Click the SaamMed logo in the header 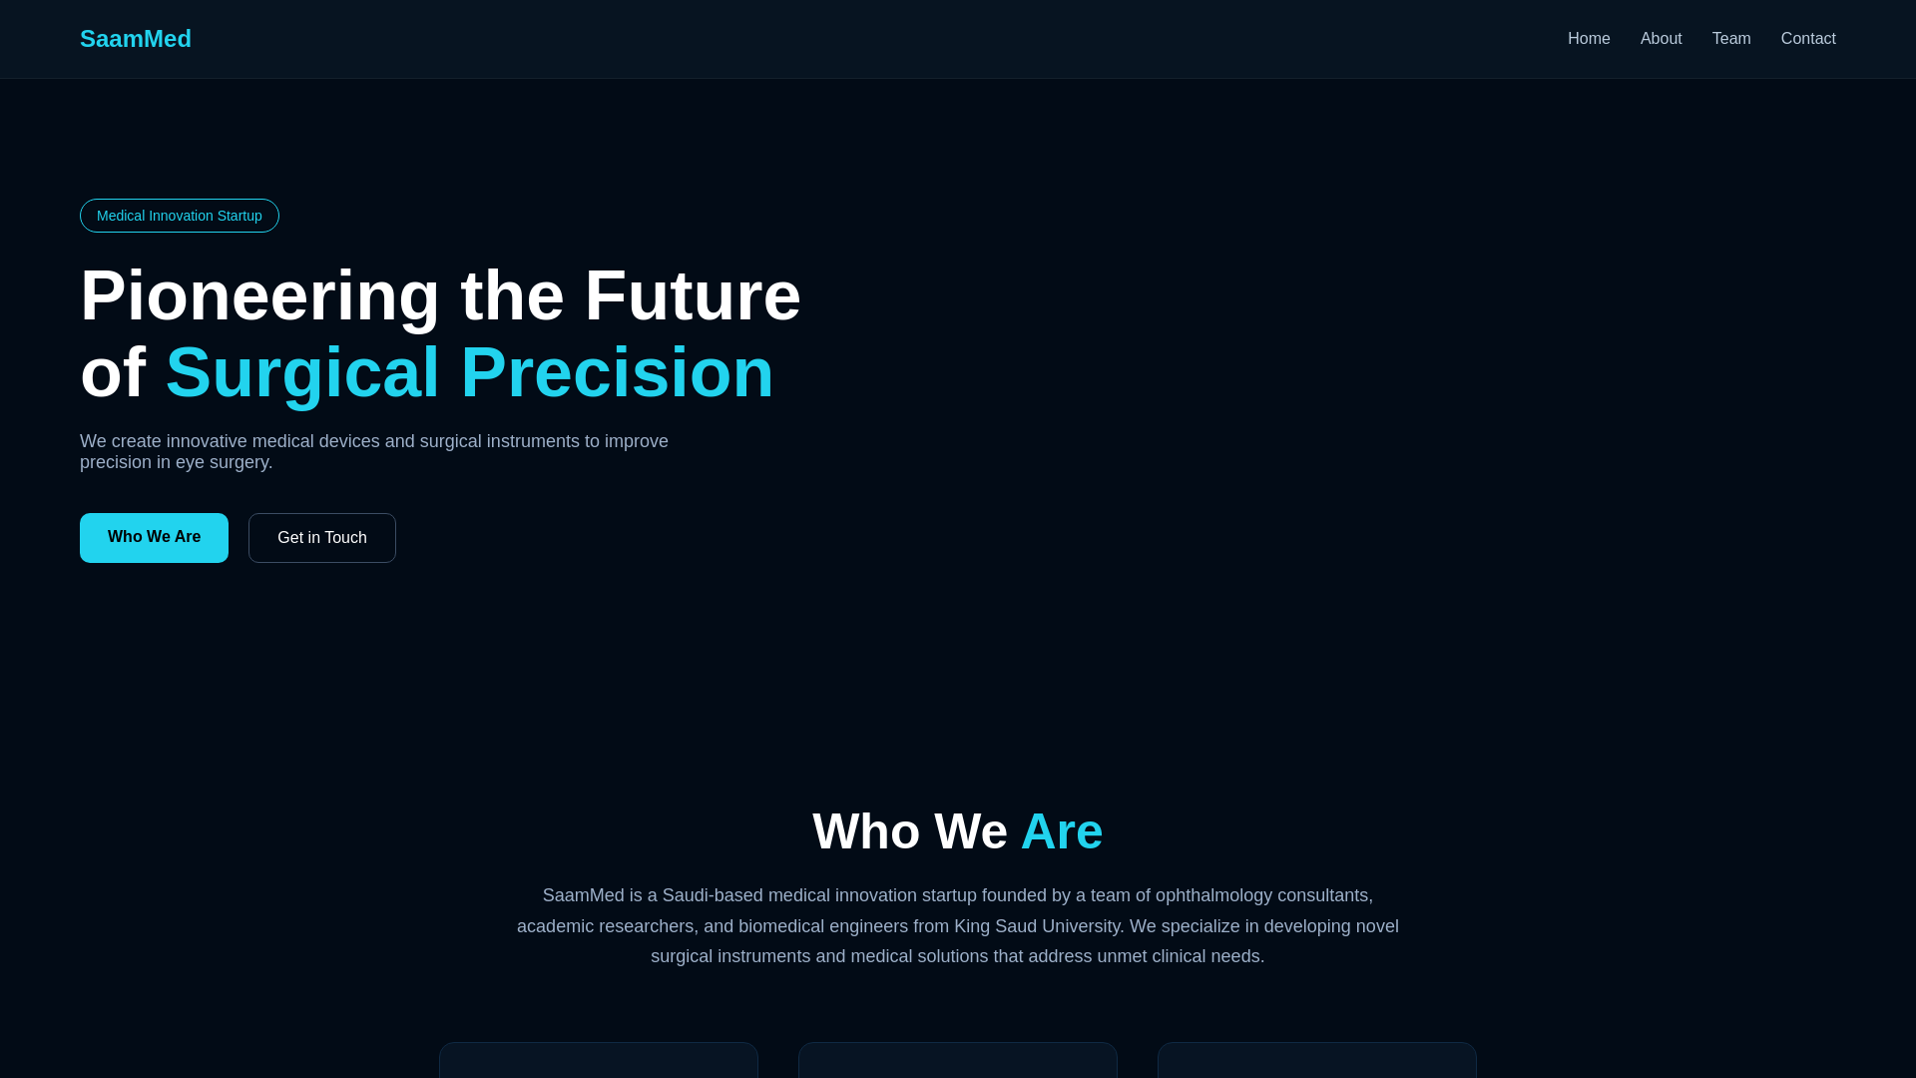pos(136,39)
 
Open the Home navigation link pos(1589,39)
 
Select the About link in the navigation pos(1661,39)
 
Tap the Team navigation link pos(1731,39)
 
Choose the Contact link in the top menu pos(1808,39)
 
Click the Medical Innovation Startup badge pos(180,216)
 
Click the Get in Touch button pos(322,538)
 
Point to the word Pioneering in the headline pos(260,296)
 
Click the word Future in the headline pos(693,295)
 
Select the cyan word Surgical pos(302,373)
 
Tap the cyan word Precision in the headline pos(617,372)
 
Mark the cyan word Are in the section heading pos(1062,831)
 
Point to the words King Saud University pos(1039,926)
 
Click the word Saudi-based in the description pos(713,896)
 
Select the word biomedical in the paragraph pos(779,926)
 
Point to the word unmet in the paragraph pos(1123,957)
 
